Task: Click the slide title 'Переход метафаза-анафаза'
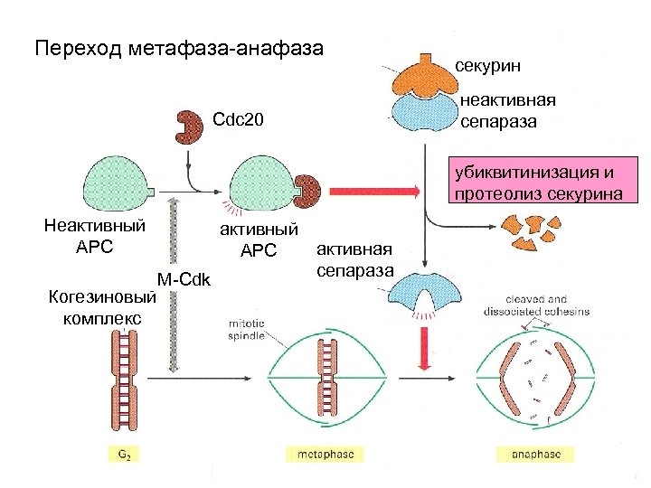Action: tap(178, 47)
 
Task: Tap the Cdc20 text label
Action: tap(238, 119)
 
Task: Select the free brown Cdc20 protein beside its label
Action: tap(190, 127)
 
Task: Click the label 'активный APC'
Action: tap(257, 239)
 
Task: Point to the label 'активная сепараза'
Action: tap(354, 259)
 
